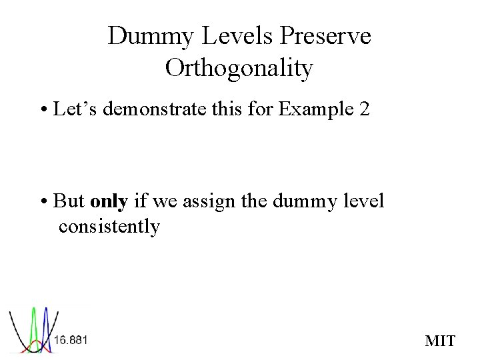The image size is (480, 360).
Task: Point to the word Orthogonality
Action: tap(239, 68)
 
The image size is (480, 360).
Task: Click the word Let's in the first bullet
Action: tap(75, 109)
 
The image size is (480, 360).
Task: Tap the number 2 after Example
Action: tap(364, 109)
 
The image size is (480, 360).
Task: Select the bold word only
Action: tap(109, 201)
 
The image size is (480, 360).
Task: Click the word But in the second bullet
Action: tap(69, 201)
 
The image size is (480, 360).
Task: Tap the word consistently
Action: tap(109, 227)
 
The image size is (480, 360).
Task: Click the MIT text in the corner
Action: tap(440, 341)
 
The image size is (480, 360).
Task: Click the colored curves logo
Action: tap(30, 329)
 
